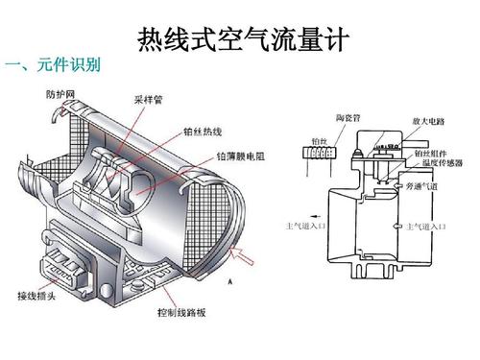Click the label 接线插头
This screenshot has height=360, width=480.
pyautogui.click(x=38, y=294)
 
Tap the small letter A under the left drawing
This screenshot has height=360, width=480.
pyautogui.click(x=231, y=282)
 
